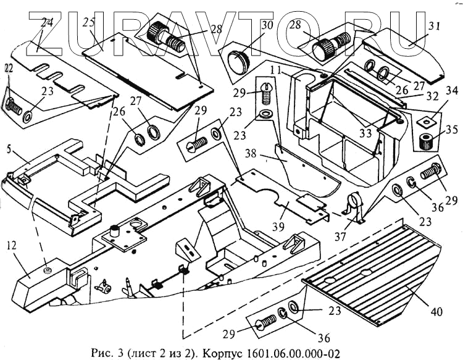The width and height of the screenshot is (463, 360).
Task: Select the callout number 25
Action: (x=89, y=23)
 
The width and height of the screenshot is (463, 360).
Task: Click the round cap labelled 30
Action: (x=238, y=62)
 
